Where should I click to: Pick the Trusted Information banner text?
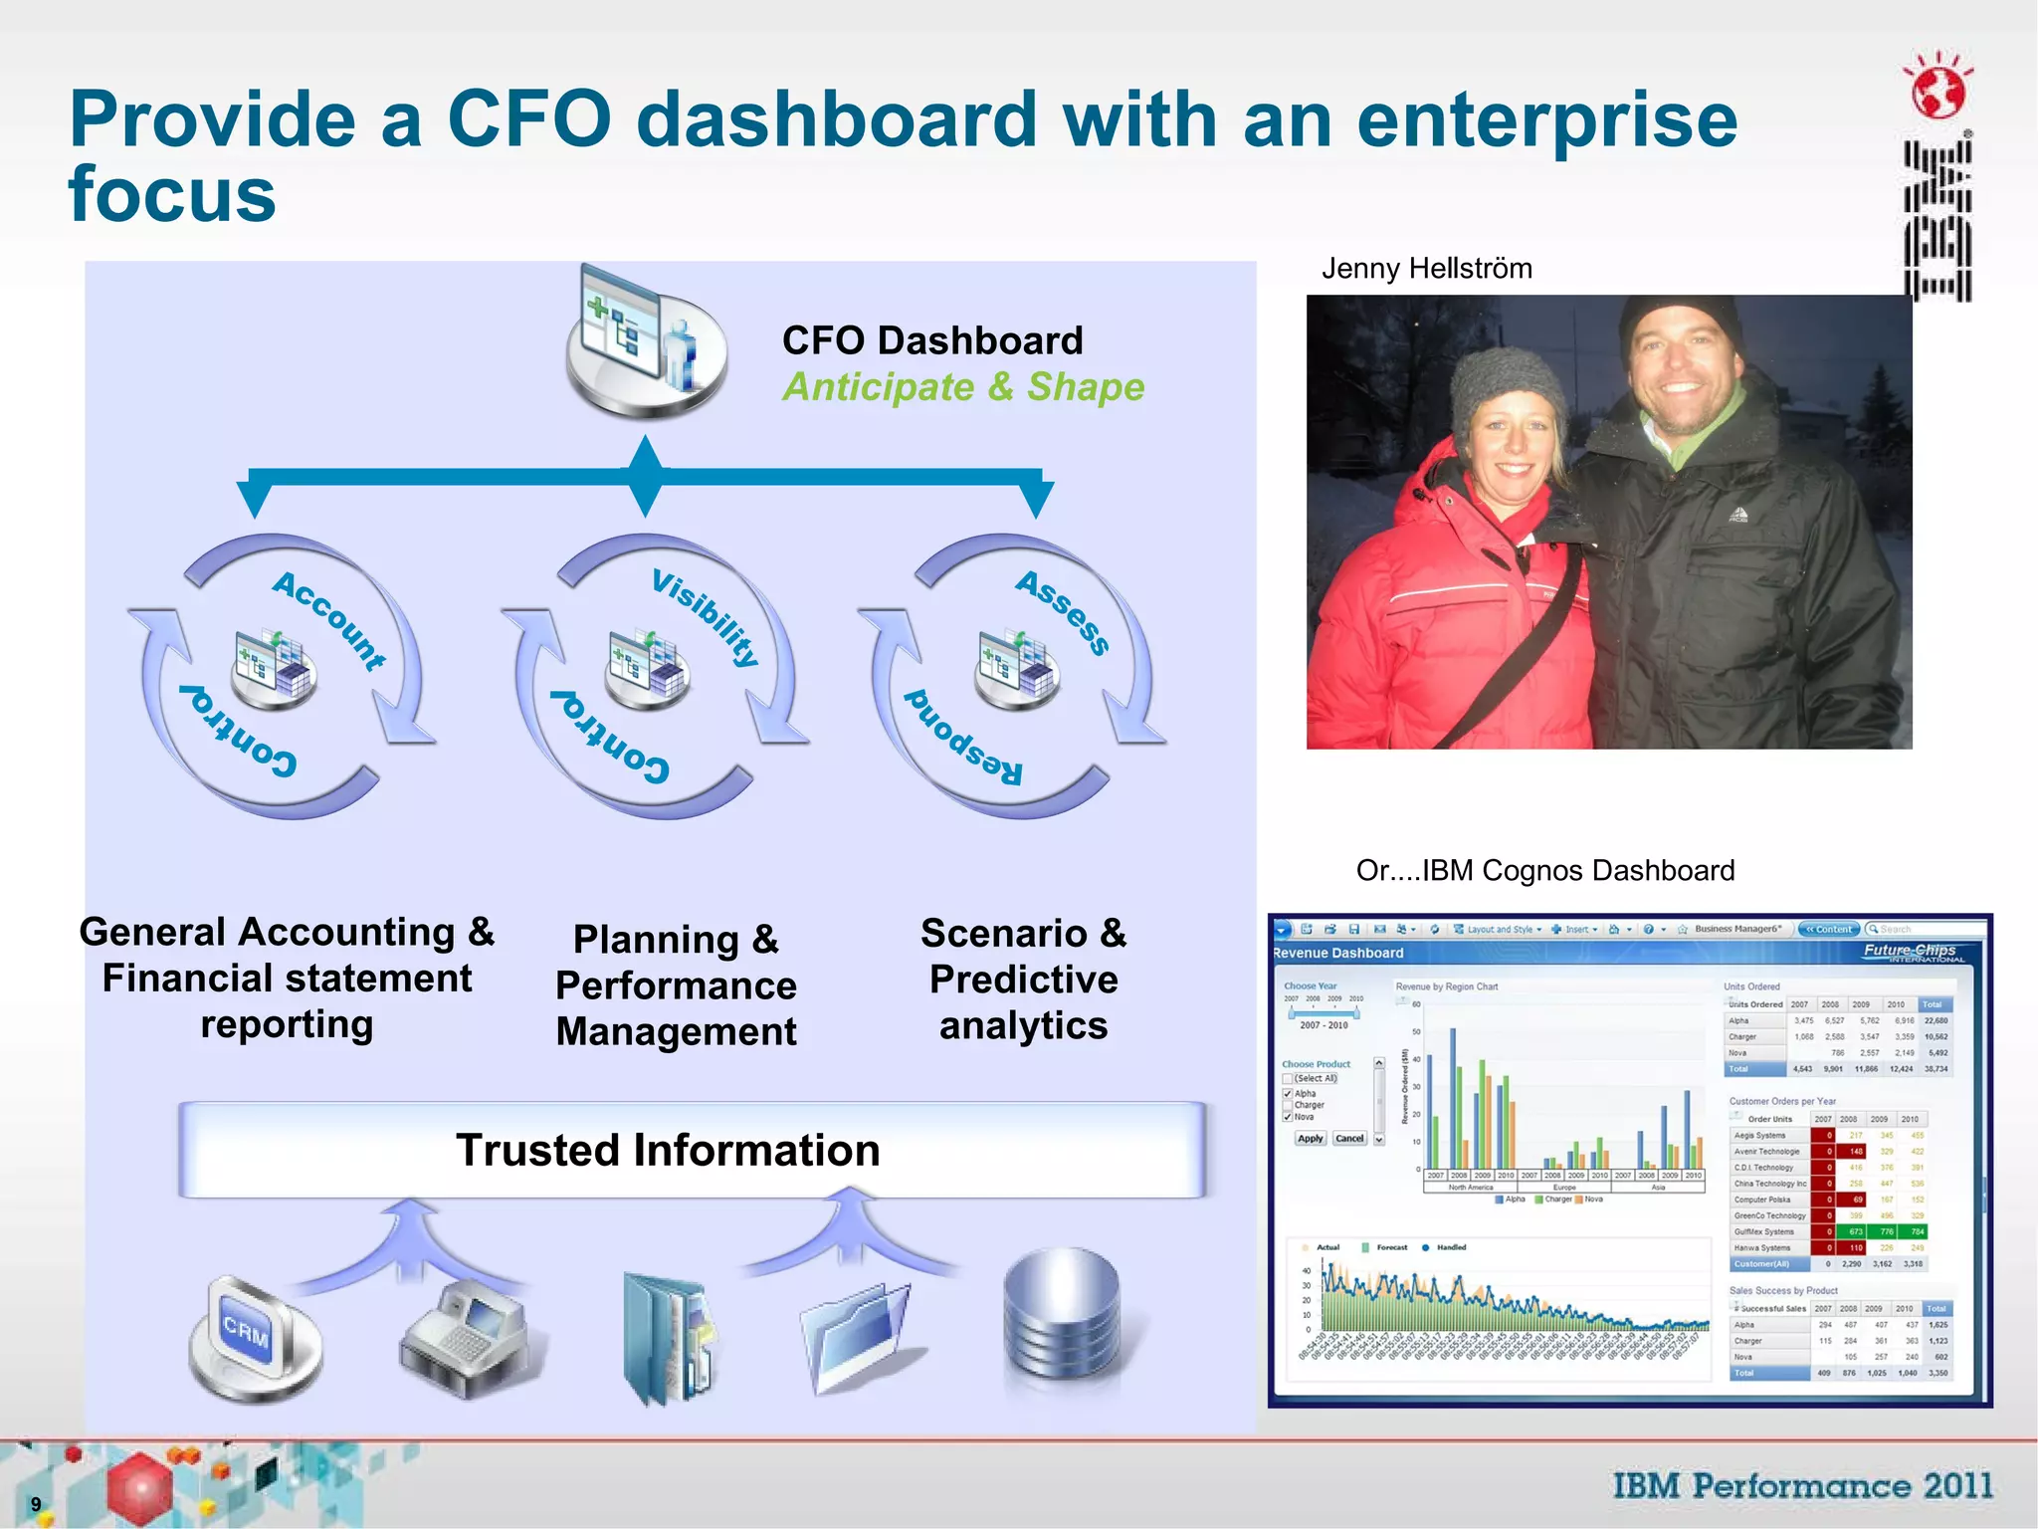(x=668, y=1151)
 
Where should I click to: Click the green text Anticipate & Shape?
(x=962, y=387)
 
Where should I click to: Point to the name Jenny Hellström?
(x=1426, y=269)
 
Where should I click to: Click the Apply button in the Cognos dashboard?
(x=1311, y=1139)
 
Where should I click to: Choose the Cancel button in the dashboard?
(x=1349, y=1139)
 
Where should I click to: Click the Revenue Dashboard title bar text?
(x=1338, y=953)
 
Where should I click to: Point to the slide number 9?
(x=36, y=1504)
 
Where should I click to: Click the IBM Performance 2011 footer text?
(x=1803, y=1486)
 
